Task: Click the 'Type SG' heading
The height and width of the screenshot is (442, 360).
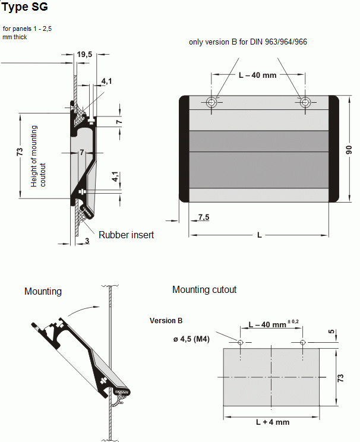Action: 24,8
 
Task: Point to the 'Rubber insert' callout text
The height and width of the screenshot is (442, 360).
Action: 126,235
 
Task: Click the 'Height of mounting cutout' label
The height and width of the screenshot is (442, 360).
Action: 38,156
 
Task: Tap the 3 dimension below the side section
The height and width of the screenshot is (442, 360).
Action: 87,240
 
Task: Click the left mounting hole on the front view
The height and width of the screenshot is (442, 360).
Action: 211,102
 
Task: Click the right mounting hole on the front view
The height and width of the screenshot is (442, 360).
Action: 304,102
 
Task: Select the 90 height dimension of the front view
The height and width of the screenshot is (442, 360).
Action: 350,149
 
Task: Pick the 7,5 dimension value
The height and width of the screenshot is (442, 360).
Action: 203,217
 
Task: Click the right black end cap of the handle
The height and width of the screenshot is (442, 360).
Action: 333,149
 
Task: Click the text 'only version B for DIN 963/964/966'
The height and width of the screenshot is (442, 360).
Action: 248,42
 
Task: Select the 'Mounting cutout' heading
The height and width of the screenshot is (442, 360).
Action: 204,290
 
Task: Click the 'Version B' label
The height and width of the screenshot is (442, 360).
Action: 166,321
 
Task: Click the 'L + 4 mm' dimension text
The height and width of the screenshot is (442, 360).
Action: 272,422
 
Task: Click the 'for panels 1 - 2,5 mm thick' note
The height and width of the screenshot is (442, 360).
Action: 27,33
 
